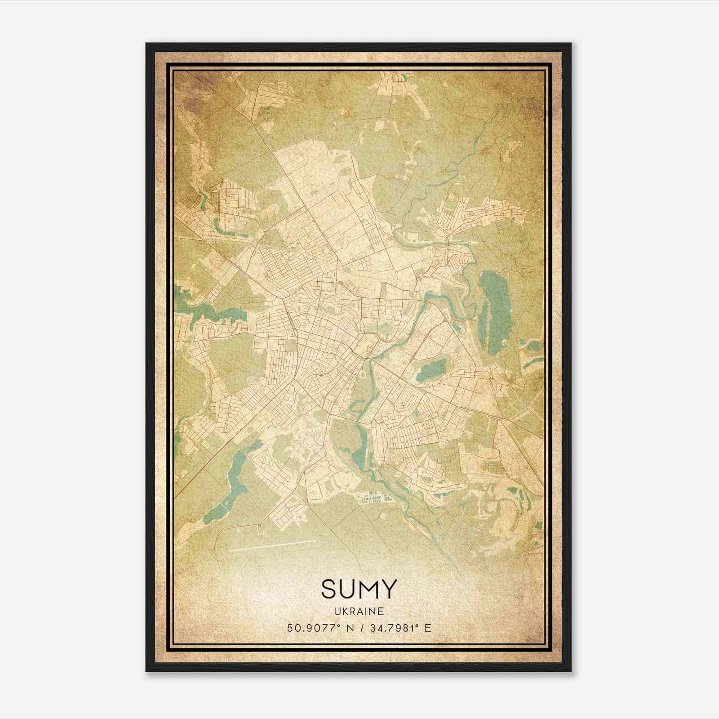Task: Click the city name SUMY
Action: (x=359, y=589)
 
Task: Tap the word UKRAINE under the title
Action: (x=359, y=612)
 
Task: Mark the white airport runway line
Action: (x=272, y=545)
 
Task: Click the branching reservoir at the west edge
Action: (x=202, y=310)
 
